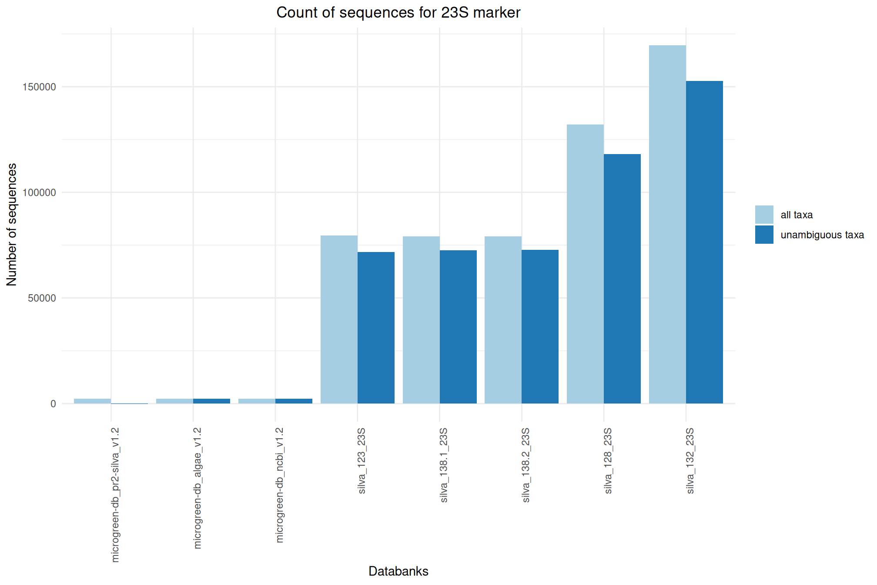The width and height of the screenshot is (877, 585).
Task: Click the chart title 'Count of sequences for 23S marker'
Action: tap(398, 13)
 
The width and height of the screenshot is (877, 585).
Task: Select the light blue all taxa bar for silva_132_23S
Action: tap(667, 224)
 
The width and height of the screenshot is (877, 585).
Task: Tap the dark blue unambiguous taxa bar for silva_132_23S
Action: tap(704, 242)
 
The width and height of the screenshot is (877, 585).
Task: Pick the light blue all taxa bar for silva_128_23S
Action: tap(585, 264)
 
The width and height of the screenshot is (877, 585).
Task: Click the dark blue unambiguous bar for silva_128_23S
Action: tap(622, 279)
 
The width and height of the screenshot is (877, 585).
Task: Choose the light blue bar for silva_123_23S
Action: tap(339, 319)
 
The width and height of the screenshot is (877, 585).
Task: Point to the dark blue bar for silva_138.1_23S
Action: tap(458, 327)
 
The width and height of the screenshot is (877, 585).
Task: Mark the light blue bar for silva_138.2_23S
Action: tap(503, 320)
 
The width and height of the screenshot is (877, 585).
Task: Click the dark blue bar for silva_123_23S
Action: tap(376, 328)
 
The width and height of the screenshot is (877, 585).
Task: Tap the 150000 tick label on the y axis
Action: tap(40, 87)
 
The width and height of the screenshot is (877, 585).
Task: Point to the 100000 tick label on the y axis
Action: tap(40, 193)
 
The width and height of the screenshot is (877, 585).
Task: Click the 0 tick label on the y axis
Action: tap(53, 404)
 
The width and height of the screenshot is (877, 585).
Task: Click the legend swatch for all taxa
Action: tap(764, 215)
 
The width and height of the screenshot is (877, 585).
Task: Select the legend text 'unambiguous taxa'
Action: tap(822, 235)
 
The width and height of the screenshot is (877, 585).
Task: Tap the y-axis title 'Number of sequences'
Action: tap(12, 224)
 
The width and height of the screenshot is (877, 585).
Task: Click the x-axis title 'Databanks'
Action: tap(398, 571)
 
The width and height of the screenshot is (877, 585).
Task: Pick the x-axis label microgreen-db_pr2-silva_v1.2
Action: tap(115, 494)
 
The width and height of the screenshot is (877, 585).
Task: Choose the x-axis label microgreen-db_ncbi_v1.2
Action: tap(280, 485)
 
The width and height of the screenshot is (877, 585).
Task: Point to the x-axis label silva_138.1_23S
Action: tap(444, 465)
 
